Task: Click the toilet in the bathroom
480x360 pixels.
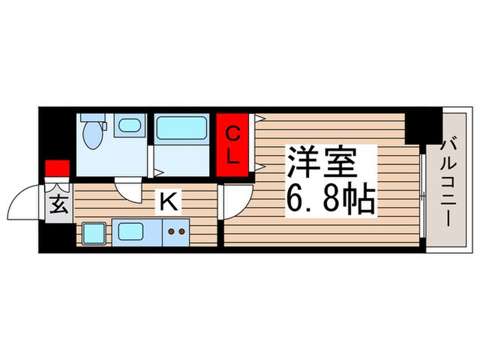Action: pos(92,135)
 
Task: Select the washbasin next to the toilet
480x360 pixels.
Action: pos(128,125)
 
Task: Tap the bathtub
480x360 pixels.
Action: pos(182,129)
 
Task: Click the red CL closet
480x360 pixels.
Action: pos(233,145)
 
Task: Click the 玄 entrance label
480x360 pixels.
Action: pos(60,205)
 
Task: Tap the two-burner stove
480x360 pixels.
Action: pos(176,232)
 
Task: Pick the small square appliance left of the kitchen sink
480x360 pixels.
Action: pos(94,232)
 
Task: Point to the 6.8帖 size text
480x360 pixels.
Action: pos(329,200)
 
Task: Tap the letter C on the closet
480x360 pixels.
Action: pos(233,132)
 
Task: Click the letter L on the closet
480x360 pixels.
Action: pos(233,156)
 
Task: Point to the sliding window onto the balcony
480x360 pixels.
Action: pos(423,199)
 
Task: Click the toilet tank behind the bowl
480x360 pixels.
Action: pos(92,117)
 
